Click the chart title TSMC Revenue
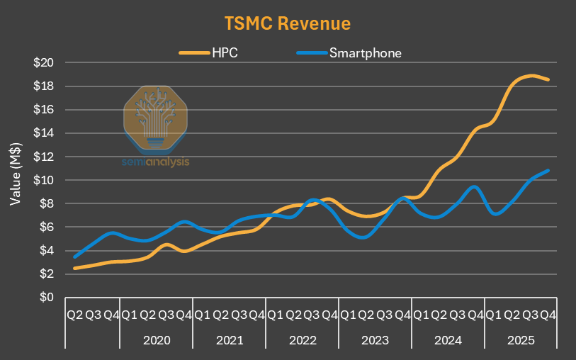point(288,23)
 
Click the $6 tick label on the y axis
point(47,227)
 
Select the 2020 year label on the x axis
point(156,340)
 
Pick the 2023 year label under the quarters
point(375,340)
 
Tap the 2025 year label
point(521,340)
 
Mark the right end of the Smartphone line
point(548,170)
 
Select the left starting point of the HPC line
point(74,269)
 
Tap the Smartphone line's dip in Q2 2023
point(365,237)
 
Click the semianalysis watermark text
point(156,161)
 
